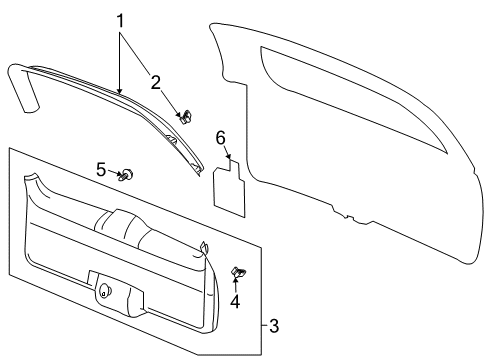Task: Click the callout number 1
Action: [121, 20]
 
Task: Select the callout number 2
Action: [154, 81]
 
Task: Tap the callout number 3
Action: [274, 325]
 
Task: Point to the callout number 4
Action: [236, 301]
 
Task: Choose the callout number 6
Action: [221, 138]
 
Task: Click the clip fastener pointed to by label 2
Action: [184, 117]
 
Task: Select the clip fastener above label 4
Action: [238, 272]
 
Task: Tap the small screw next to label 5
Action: [127, 176]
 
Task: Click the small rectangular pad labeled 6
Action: [232, 189]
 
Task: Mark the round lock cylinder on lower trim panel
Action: [104, 291]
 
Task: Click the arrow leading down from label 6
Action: [226, 153]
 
